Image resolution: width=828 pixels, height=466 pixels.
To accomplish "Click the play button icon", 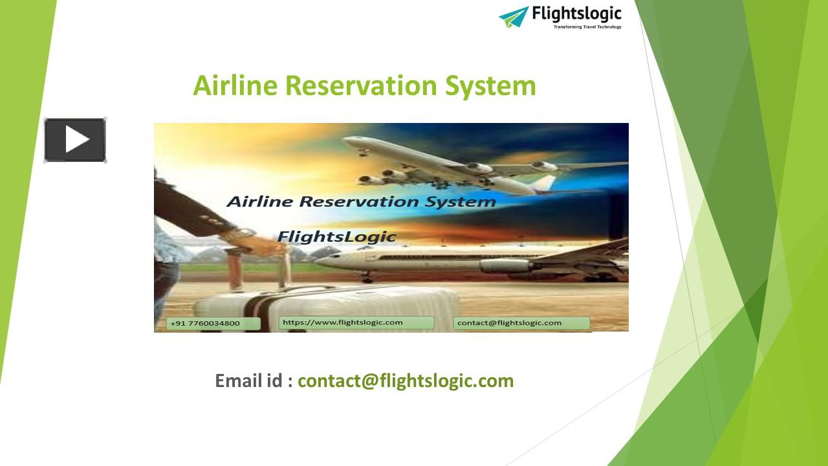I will pyautogui.click(x=75, y=140).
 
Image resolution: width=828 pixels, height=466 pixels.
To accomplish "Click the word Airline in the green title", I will pyautogui.click(x=235, y=86).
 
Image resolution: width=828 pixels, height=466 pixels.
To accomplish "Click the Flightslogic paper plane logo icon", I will pyautogui.click(x=514, y=16).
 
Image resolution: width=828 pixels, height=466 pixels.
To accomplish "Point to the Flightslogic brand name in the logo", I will pyautogui.click(x=576, y=14).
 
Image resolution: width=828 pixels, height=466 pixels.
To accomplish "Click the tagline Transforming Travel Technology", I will pyautogui.click(x=587, y=27).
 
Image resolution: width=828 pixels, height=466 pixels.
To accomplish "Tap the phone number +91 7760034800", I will pyautogui.click(x=204, y=323).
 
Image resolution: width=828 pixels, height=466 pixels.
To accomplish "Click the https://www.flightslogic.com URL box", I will pyautogui.click(x=343, y=322).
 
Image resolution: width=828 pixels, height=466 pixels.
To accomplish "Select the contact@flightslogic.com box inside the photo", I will pyautogui.click(x=509, y=322).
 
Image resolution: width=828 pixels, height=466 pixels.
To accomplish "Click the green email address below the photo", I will pyautogui.click(x=406, y=381).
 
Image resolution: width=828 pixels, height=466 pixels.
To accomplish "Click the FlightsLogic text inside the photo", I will pyautogui.click(x=336, y=236).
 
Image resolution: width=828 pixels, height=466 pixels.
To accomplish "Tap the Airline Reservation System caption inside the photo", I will pyautogui.click(x=361, y=201).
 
